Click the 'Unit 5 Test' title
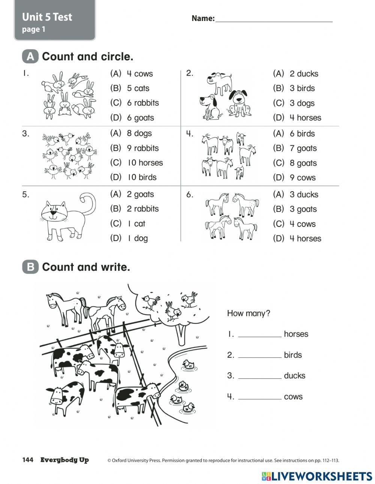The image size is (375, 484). pyautogui.click(x=47, y=17)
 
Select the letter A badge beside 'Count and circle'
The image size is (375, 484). pyautogui.click(x=30, y=57)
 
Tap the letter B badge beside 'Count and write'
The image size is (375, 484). pyautogui.click(x=30, y=267)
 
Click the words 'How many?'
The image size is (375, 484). pyautogui.click(x=248, y=313)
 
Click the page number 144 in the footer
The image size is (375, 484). pyautogui.click(x=28, y=460)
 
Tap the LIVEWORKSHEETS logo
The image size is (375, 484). pyautogui.click(x=317, y=476)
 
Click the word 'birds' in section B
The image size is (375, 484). pyautogui.click(x=292, y=355)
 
